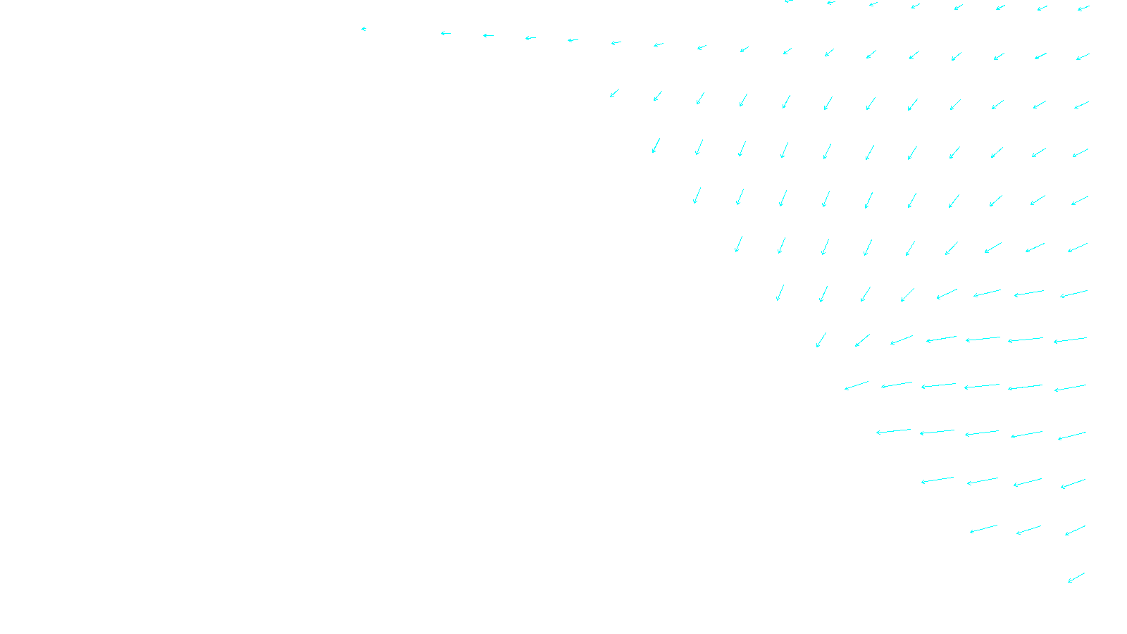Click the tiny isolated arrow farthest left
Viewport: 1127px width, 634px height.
tap(363, 29)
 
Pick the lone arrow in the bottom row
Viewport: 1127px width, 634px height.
tap(1076, 578)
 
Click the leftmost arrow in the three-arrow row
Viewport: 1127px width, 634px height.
tap(983, 529)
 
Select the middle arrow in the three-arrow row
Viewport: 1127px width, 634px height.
tap(1028, 530)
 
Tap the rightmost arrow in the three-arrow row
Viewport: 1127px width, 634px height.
tap(1075, 530)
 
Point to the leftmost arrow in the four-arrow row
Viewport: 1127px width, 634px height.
tap(937, 480)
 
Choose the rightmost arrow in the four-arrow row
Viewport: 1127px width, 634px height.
tap(1073, 483)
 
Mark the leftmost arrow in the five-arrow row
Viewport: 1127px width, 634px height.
tap(893, 431)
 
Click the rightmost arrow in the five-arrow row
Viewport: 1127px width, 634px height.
tap(1071, 436)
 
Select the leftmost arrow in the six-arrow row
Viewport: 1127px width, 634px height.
tap(857, 385)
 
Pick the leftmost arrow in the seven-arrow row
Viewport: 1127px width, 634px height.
tap(821, 340)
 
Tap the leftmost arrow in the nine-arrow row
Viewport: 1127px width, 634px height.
tap(738, 244)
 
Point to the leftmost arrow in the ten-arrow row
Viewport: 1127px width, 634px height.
tap(697, 195)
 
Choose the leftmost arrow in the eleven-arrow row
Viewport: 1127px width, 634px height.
tap(656, 146)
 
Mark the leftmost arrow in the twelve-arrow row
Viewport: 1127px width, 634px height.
tap(614, 93)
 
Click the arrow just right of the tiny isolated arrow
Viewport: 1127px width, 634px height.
tap(445, 33)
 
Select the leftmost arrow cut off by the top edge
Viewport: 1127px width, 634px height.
tap(789, 1)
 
